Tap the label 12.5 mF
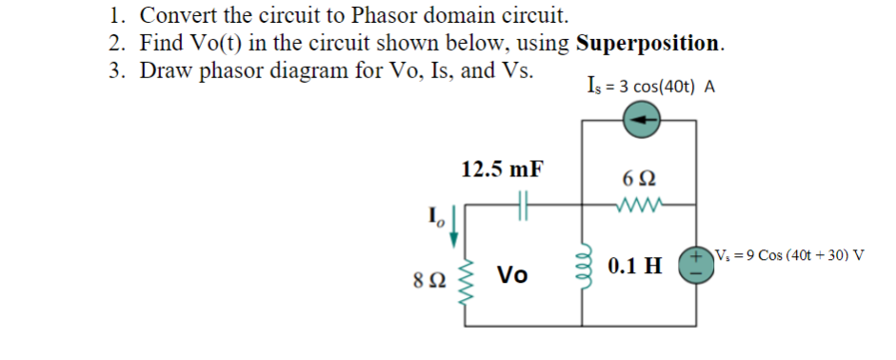click(503, 170)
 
